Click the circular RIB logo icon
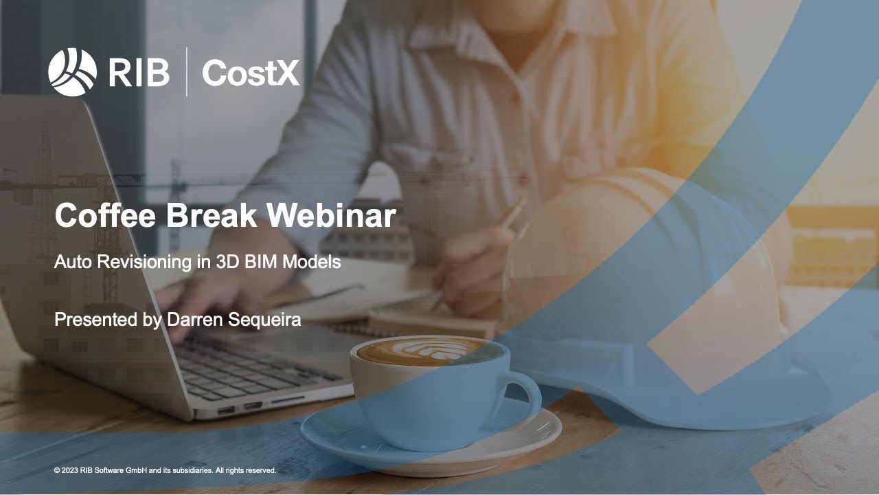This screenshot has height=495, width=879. (72, 72)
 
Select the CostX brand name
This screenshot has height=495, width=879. (251, 72)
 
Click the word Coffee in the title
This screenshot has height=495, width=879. (104, 215)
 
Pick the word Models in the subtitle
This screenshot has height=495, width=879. (314, 262)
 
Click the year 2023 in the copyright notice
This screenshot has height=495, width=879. (70, 471)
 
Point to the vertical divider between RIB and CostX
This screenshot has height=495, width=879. (186, 72)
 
